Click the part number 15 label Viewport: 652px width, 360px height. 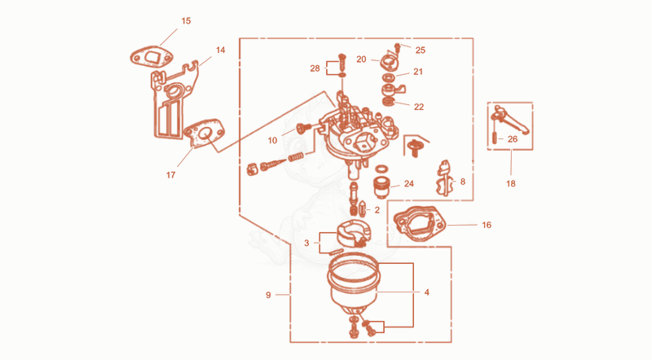(x=186, y=21)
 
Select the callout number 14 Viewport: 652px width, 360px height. (x=220, y=50)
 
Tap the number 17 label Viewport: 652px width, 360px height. (x=170, y=175)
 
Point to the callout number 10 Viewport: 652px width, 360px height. (x=272, y=141)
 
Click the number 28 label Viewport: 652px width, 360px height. (x=315, y=68)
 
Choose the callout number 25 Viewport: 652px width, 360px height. (x=421, y=50)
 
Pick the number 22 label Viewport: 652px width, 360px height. (x=419, y=107)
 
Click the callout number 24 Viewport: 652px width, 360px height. (x=409, y=183)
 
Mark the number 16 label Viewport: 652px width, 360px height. (x=487, y=225)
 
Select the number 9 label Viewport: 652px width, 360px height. (x=268, y=295)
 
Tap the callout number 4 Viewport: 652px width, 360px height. (x=426, y=292)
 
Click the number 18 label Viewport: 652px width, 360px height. (x=511, y=183)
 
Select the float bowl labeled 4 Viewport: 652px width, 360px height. (x=353, y=287)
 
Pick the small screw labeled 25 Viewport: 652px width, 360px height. (x=398, y=47)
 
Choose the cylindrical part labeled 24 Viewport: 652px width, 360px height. (x=380, y=187)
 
